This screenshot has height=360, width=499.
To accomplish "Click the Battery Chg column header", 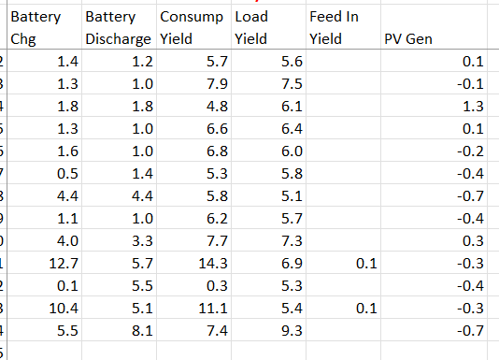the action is tap(36, 27).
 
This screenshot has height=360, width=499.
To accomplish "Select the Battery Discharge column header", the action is tap(118, 27).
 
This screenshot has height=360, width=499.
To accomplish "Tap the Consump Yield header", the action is tap(192, 27).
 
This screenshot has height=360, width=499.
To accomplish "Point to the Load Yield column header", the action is tap(251, 27).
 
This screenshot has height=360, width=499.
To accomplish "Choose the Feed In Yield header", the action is tap(335, 27).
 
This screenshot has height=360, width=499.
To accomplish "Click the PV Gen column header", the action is tap(408, 39).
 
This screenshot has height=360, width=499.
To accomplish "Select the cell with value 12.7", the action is tap(64, 264).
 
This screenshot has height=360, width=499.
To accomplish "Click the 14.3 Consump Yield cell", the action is tap(213, 264).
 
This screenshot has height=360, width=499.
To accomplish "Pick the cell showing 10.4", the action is tap(64, 309).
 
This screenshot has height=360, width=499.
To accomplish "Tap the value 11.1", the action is tap(213, 309).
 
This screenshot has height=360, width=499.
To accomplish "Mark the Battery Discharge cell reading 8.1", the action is tap(143, 331).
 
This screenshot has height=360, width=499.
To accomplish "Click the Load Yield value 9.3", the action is tap(292, 331).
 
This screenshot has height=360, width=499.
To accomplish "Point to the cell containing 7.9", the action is tap(217, 84).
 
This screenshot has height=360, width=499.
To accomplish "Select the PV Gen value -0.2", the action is tap(470, 151).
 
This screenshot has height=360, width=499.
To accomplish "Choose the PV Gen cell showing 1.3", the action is tap(473, 106).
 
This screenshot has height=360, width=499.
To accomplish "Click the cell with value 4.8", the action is tap(217, 106).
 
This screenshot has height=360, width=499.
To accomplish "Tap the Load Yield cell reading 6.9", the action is tap(292, 264).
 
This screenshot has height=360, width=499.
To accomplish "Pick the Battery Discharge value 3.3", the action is tap(143, 241).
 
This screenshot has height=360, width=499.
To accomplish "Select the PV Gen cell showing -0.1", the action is tap(470, 84).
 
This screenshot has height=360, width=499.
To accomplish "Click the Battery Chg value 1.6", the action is tap(68, 151).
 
